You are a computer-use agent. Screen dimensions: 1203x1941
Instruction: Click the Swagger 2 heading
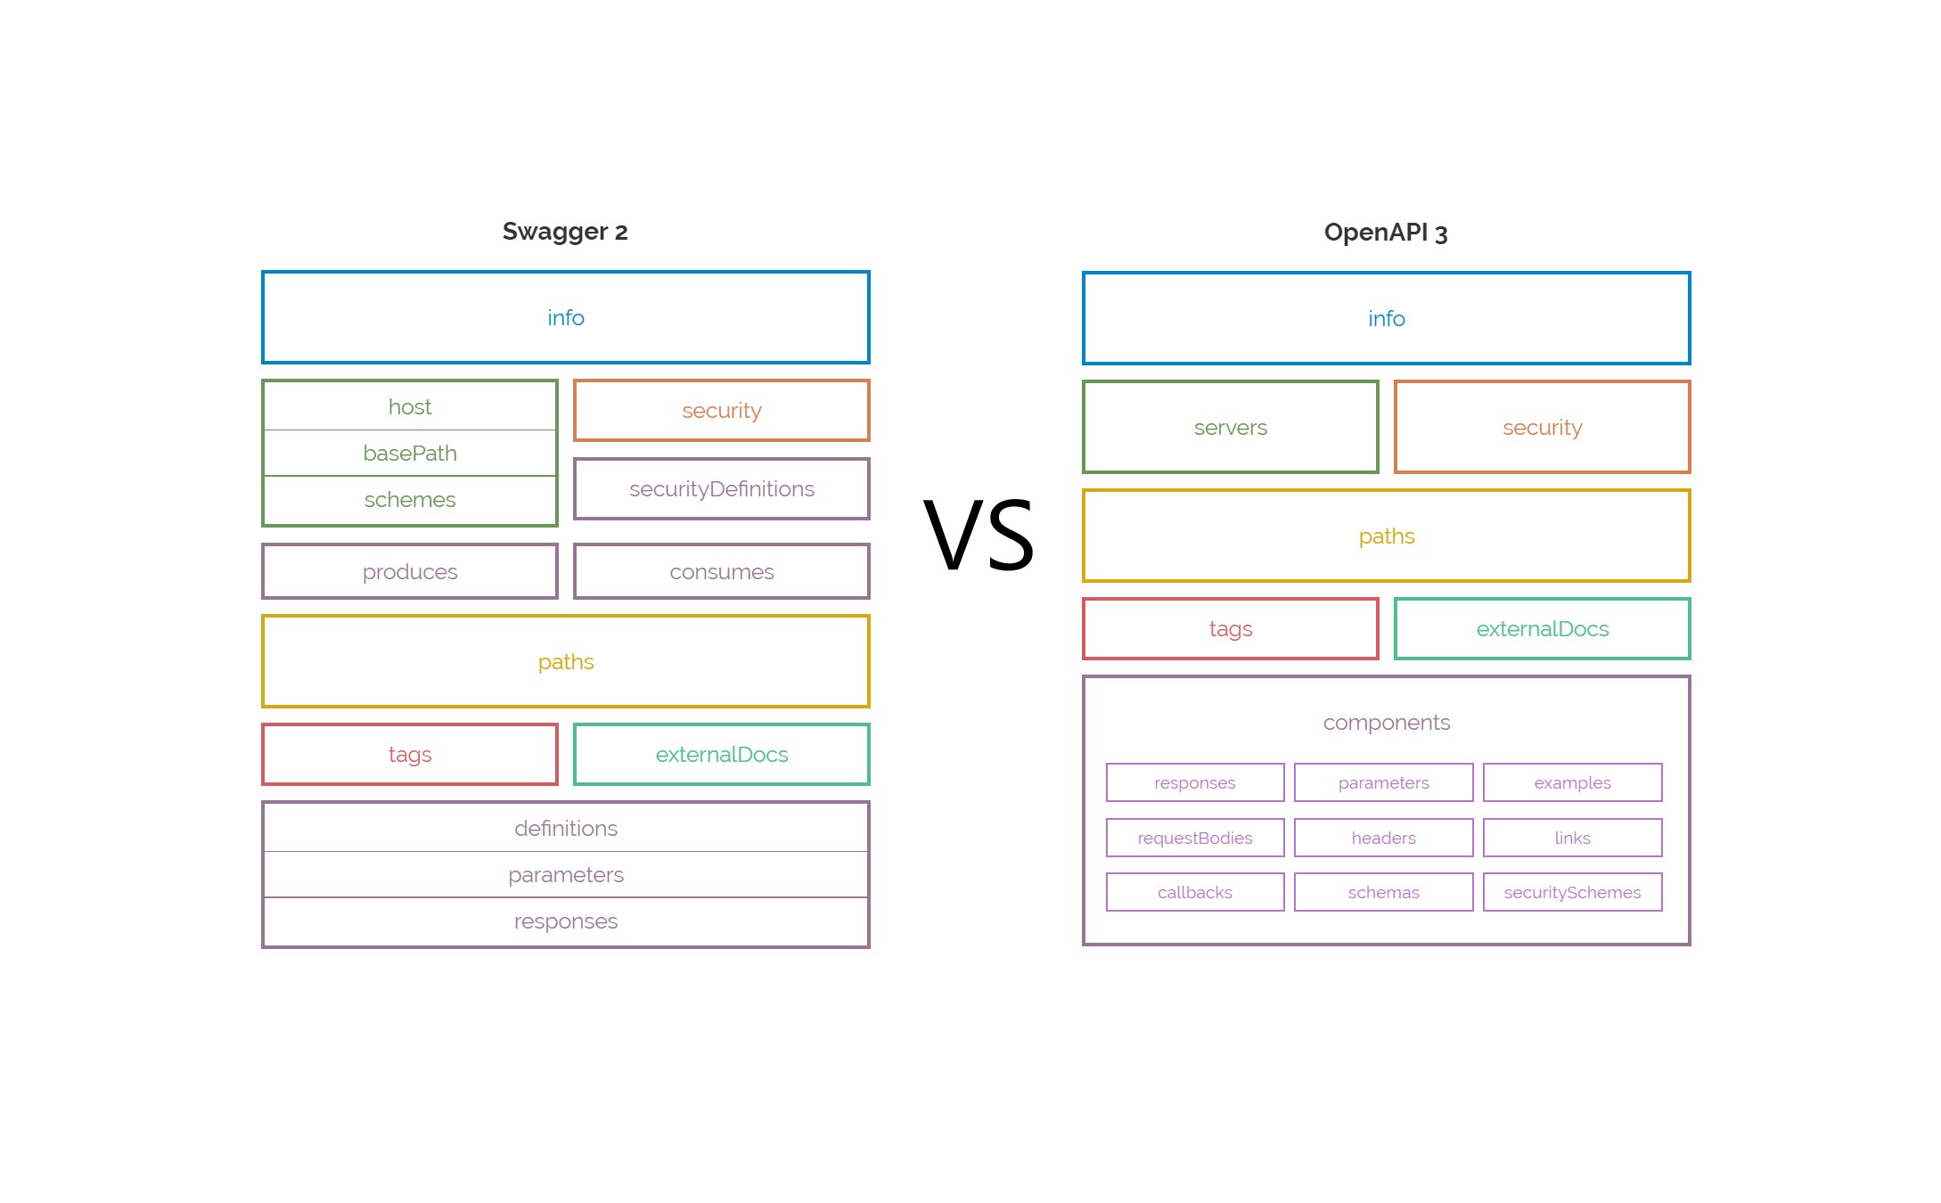coord(565,232)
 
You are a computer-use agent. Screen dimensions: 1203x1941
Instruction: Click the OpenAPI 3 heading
coord(1386,233)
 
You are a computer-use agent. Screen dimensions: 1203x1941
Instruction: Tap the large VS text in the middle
coord(979,536)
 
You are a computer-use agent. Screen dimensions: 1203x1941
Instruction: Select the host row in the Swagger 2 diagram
coord(410,407)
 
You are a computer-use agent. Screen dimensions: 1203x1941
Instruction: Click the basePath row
coord(410,454)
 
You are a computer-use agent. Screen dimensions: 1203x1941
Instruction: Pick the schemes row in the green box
coord(410,500)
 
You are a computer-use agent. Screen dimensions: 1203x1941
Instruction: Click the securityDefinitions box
coord(722,489)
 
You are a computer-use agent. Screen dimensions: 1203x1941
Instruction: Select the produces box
coord(410,572)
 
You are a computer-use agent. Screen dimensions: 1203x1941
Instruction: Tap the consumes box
coord(722,572)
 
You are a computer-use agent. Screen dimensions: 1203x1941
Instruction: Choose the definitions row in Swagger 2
coord(566,829)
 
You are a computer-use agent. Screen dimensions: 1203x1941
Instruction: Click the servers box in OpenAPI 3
coord(1231,428)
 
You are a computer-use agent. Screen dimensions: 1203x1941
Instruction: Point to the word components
coord(1386,723)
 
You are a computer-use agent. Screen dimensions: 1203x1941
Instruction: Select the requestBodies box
coord(1195,838)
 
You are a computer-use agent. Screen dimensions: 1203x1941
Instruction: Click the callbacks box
coord(1195,892)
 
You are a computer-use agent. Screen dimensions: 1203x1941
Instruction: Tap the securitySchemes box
coord(1572,892)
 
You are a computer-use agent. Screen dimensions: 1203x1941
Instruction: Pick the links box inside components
coord(1572,838)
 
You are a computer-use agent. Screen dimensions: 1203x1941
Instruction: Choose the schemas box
coord(1383,892)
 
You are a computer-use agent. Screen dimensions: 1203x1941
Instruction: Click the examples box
coord(1572,782)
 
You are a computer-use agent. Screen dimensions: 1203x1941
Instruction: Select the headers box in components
coord(1383,838)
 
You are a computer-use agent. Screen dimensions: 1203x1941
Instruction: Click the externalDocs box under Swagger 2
coord(722,755)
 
